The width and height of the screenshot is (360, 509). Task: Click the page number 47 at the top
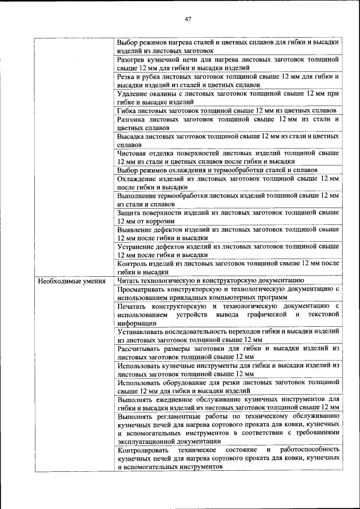pos(188,20)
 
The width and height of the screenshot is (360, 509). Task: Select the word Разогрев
pos(132,58)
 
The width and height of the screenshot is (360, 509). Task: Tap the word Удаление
pos(133,93)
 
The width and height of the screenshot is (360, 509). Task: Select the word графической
pos(261,314)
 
